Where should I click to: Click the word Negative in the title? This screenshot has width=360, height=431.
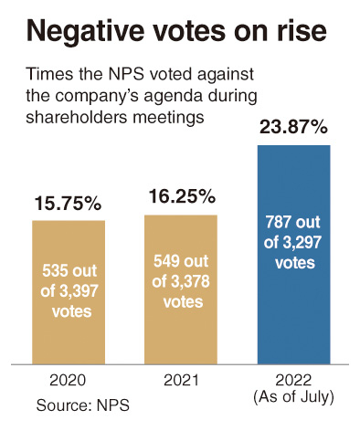(85, 31)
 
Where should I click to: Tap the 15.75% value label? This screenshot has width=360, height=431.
(68, 204)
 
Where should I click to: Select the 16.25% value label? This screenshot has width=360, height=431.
(182, 196)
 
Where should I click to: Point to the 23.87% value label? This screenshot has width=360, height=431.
(293, 127)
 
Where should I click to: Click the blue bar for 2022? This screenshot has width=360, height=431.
(293, 255)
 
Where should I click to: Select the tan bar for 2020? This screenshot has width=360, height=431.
(69, 292)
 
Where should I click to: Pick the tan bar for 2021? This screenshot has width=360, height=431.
(181, 289)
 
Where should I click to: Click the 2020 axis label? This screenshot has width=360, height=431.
(68, 381)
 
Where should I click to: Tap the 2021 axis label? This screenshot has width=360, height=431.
(181, 381)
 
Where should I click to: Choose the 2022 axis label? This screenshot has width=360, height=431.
(293, 381)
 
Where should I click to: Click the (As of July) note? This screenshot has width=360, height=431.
(293, 397)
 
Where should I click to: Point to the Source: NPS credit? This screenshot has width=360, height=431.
(83, 405)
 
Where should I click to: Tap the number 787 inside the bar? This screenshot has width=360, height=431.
(277, 222)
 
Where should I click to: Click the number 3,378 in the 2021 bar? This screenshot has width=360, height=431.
(190, 281)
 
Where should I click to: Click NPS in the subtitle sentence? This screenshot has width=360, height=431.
(122, 74)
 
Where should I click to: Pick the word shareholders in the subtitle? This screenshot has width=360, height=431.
(77, 117)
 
